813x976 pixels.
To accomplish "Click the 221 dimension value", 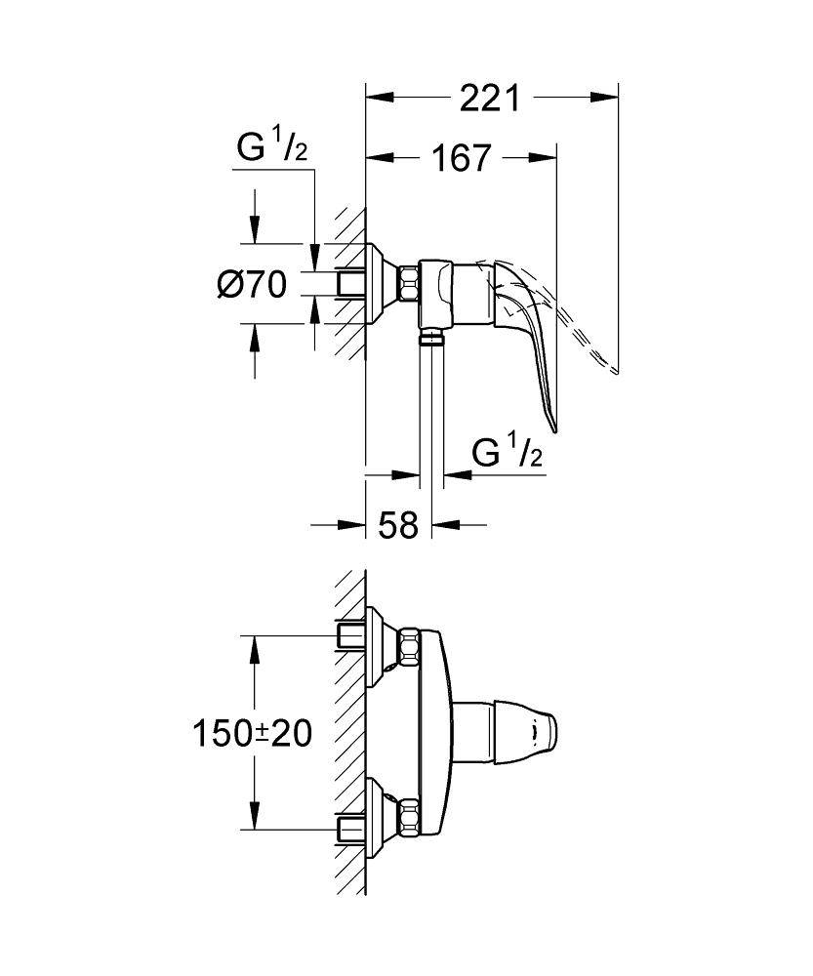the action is (x=489, y=98).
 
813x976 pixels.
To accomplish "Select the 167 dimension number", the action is (x=462, y=158).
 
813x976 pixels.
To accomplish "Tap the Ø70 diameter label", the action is (x=252, y=284).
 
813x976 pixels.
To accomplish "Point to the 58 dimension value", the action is (x=398, y=525).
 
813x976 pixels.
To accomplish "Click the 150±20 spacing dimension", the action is (x=252, y=733).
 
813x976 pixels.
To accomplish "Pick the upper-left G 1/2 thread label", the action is (x=272, y=148).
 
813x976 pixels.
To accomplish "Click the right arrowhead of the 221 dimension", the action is (x=604, y=97).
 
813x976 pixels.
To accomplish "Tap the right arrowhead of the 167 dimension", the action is (x=542, y=158).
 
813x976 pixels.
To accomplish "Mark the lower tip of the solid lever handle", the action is (x=554, y=430).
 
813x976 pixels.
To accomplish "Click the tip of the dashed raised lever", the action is (x=616, y=372).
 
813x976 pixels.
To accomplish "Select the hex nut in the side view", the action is (x=408, y=284).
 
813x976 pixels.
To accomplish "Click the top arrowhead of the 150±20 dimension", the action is (x=254, y=649).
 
